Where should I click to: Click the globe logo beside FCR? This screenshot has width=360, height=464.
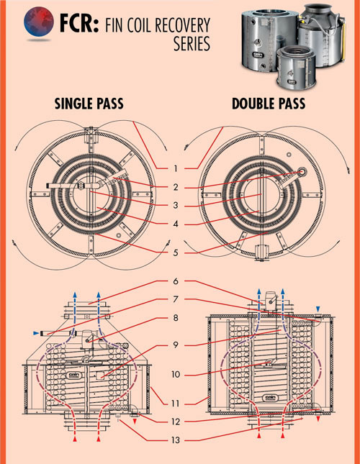point(39,22)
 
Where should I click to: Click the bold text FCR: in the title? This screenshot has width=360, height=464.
point(79,24)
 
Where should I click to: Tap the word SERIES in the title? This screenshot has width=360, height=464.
point(192,43)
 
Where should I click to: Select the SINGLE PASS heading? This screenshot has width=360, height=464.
point(89,104)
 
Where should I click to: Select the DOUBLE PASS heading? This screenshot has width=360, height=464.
point(269,104)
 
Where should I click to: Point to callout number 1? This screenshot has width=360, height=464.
point(176,168)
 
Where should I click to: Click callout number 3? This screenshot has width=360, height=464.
point(176,205)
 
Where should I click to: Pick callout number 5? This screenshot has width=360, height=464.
point(176,253)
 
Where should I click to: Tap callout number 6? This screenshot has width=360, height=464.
point(176,281)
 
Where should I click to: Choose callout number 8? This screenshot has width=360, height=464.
point(176,318)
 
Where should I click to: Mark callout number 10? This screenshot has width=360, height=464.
point(176,375)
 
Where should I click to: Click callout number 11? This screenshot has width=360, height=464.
point(176,404)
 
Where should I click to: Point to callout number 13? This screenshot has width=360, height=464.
point(176,440)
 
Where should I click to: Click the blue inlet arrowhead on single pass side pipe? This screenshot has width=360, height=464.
point(36,334)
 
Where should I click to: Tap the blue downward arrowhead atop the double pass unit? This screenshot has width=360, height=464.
point(318,309)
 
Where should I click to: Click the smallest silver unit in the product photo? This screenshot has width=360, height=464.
point(296,67)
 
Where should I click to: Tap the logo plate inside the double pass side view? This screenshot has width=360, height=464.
point(270,398)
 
